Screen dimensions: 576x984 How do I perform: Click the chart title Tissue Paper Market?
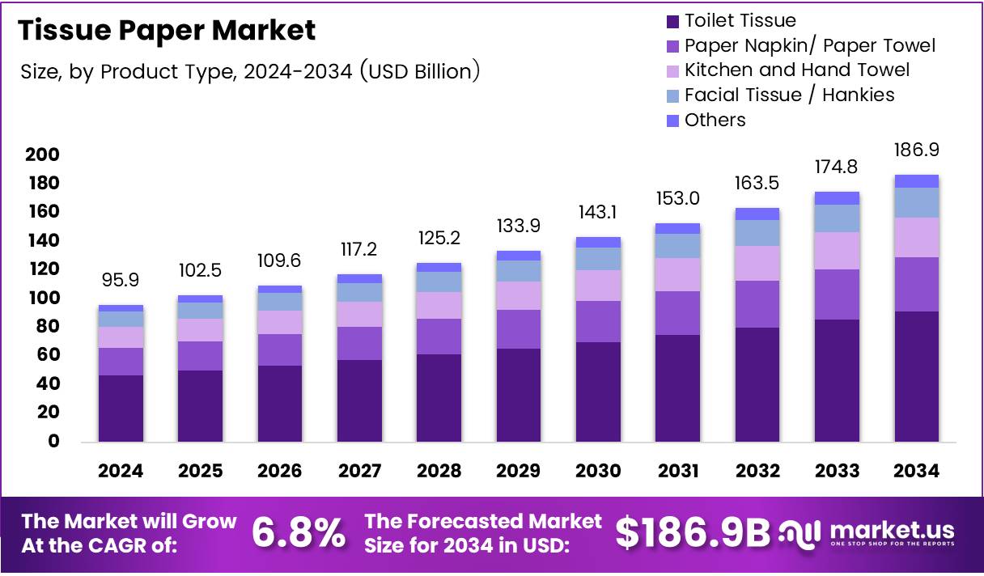pos(167,31)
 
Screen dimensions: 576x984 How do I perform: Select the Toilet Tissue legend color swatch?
pos(672,21)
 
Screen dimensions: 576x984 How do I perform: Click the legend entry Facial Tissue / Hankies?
pos(789,95)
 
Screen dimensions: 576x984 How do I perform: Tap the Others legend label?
pos(715,120)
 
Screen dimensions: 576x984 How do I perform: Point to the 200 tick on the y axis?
pos(42,155)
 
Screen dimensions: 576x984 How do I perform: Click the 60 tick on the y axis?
pos(48,355)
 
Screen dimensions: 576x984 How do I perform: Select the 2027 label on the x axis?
pos(359,471)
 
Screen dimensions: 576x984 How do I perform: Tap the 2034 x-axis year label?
pos(917,471)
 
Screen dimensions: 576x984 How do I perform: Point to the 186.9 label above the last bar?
pos(917,150)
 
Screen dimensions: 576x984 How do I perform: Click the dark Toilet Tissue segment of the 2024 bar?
pos(121,409)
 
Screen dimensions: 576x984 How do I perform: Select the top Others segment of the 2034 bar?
pos(917,181)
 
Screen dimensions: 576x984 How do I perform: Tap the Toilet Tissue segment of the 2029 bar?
pos(519,395)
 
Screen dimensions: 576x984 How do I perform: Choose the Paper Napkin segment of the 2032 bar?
pos(757,304)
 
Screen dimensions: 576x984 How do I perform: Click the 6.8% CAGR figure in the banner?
pos(299,533)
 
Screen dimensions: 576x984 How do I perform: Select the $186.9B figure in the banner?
pos(692,533)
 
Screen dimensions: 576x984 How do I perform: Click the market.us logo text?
pos(890,531)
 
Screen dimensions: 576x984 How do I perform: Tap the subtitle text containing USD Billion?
pos(251,72)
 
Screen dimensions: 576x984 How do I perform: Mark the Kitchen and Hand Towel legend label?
pos(796,70)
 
